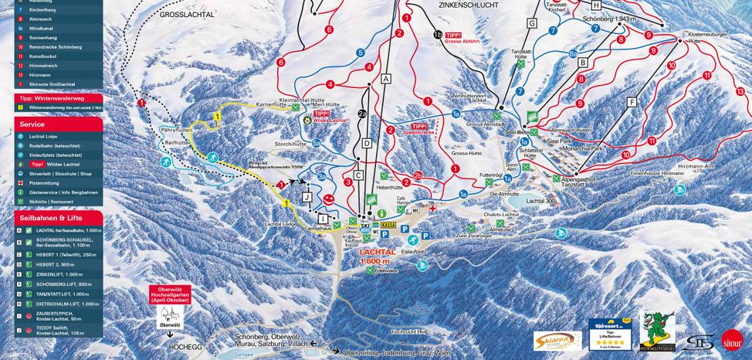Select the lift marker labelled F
tap(632, 101)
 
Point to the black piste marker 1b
tap(438, 34)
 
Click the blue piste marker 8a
tap(573, 53)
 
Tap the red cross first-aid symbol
tap(433, 209)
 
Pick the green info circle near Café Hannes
tap(381, 211)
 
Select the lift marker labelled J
tap(307, 196)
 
